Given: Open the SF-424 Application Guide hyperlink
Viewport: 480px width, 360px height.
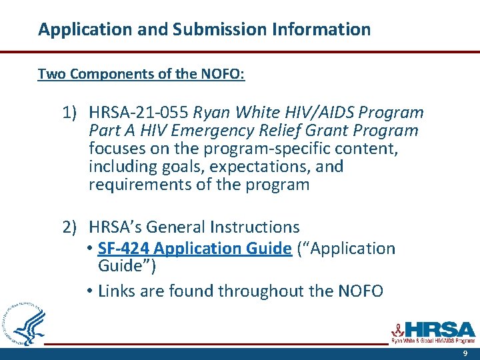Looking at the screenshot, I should pyautogui.click(x=194, y=249).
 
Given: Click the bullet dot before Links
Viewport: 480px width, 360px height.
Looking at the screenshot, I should pyautogui.click(x=91, y=291).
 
